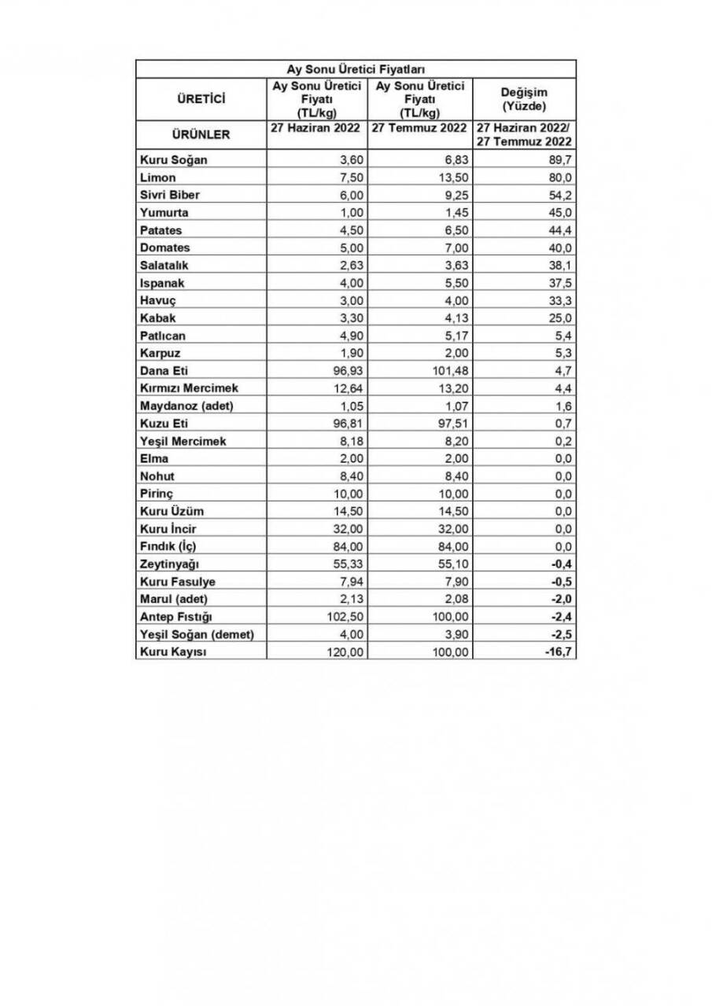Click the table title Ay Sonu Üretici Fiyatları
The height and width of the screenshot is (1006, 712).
pyautogui.click(x=356, y=69)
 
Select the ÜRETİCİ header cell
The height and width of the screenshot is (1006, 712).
pyautogui.click(x=201, y=99)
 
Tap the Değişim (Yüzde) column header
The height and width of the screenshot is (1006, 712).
pyautogui.click(x=524, y=99)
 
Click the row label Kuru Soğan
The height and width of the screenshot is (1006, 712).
pyautogui.click(x=173, y=160)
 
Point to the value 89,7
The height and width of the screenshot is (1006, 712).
pyautogui.click(x=559, y=160)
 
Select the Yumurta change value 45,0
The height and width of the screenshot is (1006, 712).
pyautogui.click(x=559, y=213)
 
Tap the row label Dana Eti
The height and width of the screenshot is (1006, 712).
pyautogui.click(x=164, y=371)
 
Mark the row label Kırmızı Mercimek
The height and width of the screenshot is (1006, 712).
pyautogui.click(x=188, y=388)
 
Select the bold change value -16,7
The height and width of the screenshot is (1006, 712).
pyautogui.click(x=557, y=652)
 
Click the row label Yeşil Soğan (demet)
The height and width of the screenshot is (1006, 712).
pyautogui.click(x=197, y=635)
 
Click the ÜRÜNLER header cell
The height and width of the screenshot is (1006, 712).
pyautogui.click(x=201, y=134)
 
